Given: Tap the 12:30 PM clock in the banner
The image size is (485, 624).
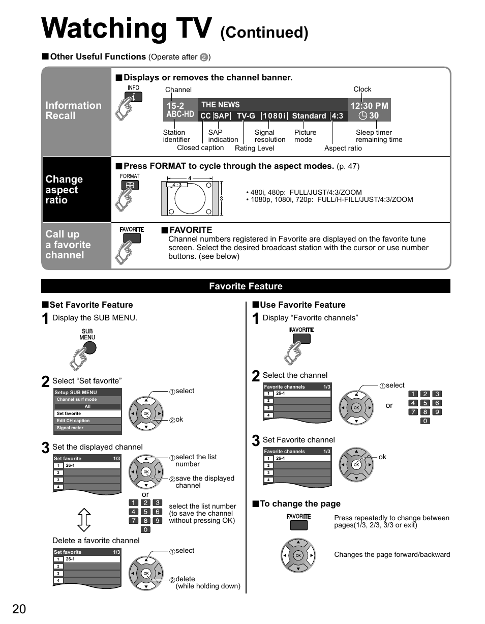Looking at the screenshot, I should pyautogui.click(x=369, y=106).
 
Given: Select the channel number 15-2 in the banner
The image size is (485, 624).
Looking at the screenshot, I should pyautogui.click(x=175, y=106).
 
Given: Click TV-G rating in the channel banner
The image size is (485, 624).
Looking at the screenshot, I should pyautogui.click(x=246, y=116).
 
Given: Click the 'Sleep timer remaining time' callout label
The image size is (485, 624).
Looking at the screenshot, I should pyautogui.click(x=379, y=136).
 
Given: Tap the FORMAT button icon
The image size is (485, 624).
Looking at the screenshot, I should pyautogui.click(x=130, y=185).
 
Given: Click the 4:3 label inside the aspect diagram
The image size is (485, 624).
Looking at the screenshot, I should pyautogui.click(x=177, y=185).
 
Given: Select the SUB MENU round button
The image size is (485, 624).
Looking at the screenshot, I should pyautogui.click(x=88, y=347).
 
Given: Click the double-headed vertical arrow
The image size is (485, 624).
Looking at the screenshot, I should pyautogui.click(x=84, y=520).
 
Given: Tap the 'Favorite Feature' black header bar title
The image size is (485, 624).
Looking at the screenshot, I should pyautogui.click(x=246, y=286).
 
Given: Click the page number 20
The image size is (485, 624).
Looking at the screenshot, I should pyautogui.click(x=19, y=609).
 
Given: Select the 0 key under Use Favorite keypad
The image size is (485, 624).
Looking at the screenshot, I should pyautogui.click(x=425, y=421).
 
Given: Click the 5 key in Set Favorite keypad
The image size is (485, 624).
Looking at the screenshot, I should pyautogui.click(x=145, y=512).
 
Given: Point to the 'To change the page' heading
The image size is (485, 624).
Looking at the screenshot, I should pyautogui.click(x=300, y=504).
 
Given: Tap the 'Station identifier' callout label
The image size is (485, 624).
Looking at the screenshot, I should pyautogui.click(x=176, y=136).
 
